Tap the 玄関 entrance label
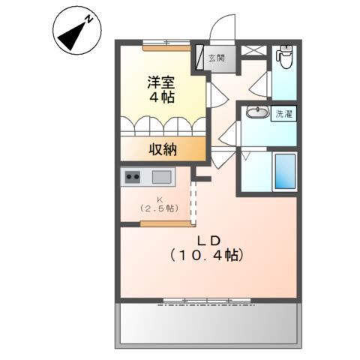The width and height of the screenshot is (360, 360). [x=217, y=58]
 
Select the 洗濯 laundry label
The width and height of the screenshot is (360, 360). [x=284, y=115]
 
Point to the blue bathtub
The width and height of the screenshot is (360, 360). [x=284, y=171]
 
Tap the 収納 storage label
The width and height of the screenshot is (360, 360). [x=161, y=148]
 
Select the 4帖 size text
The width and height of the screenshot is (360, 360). [x=162, y=98]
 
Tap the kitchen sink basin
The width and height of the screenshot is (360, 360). [x=161, y=177]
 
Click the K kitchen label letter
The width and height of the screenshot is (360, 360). [x=157, y=199]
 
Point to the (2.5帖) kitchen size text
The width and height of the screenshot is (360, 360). [x=157, y=209]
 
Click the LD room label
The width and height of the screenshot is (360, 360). [x=208, y=240]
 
